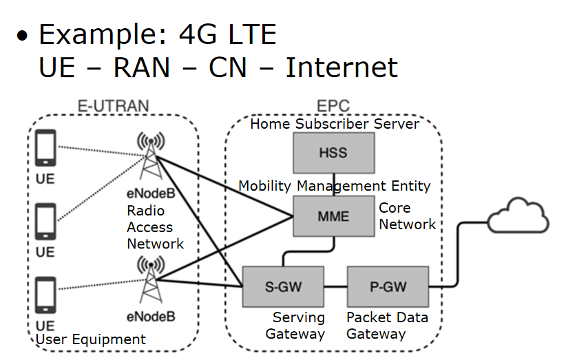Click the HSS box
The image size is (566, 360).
(334, 153)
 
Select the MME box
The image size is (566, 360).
(334, 216)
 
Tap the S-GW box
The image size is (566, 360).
(283, 286)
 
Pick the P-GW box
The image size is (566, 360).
(388, 286)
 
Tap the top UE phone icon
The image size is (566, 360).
(45, 149)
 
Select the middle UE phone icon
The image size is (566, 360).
(45, 222)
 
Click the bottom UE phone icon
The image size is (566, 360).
(45, 295)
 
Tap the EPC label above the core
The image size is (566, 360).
(333, 107)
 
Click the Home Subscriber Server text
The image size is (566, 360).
(335, 124)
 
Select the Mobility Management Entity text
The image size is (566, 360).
(335, 186)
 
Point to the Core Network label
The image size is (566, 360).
(407, 216)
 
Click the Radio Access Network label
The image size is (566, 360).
(155, 227)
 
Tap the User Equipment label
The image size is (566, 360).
(90, 339)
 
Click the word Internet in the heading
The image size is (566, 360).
(342, 67)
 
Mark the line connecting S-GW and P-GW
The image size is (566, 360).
(335, 286)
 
